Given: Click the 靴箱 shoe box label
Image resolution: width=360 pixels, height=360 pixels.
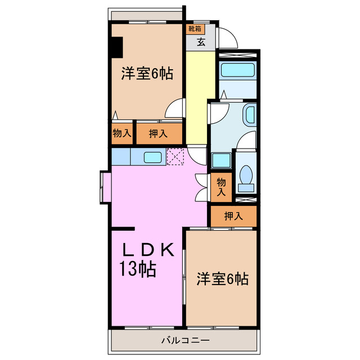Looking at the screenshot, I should (x=195, y=28).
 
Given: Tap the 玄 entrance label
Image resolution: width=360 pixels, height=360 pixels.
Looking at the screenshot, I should (x=201, y=41).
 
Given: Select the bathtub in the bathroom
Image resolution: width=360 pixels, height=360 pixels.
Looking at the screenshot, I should (x=238, y=70).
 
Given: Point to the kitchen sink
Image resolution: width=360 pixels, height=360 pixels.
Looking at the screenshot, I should (x=153, y=157).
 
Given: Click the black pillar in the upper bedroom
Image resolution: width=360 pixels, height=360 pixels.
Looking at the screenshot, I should (x=117, y=47).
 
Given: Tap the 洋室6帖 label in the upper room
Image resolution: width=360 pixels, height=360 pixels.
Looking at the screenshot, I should (x=146, y=74).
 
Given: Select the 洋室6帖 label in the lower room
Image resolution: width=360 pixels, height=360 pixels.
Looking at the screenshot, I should (x=222, y=278).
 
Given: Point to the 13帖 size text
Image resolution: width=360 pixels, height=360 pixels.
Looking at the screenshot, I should (x=137, y=269).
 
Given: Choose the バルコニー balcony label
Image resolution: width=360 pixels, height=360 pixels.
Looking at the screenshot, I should (x=185, y=340).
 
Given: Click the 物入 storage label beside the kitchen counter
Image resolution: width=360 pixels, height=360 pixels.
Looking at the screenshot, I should (x=121, y=133).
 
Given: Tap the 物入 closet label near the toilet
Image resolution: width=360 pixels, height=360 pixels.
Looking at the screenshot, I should (x=222, y=186).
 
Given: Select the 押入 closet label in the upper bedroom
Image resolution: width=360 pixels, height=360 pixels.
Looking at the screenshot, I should (x=158, y=134).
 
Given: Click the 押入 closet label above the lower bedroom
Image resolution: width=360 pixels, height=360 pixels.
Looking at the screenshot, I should (x=233, y=216).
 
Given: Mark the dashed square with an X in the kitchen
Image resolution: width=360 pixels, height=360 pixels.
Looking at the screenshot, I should (x=175, y=157).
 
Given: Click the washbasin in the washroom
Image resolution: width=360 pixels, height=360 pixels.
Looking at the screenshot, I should (x=249, y=115).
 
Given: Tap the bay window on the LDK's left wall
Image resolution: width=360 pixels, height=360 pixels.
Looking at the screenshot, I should (x=105, y=186).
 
